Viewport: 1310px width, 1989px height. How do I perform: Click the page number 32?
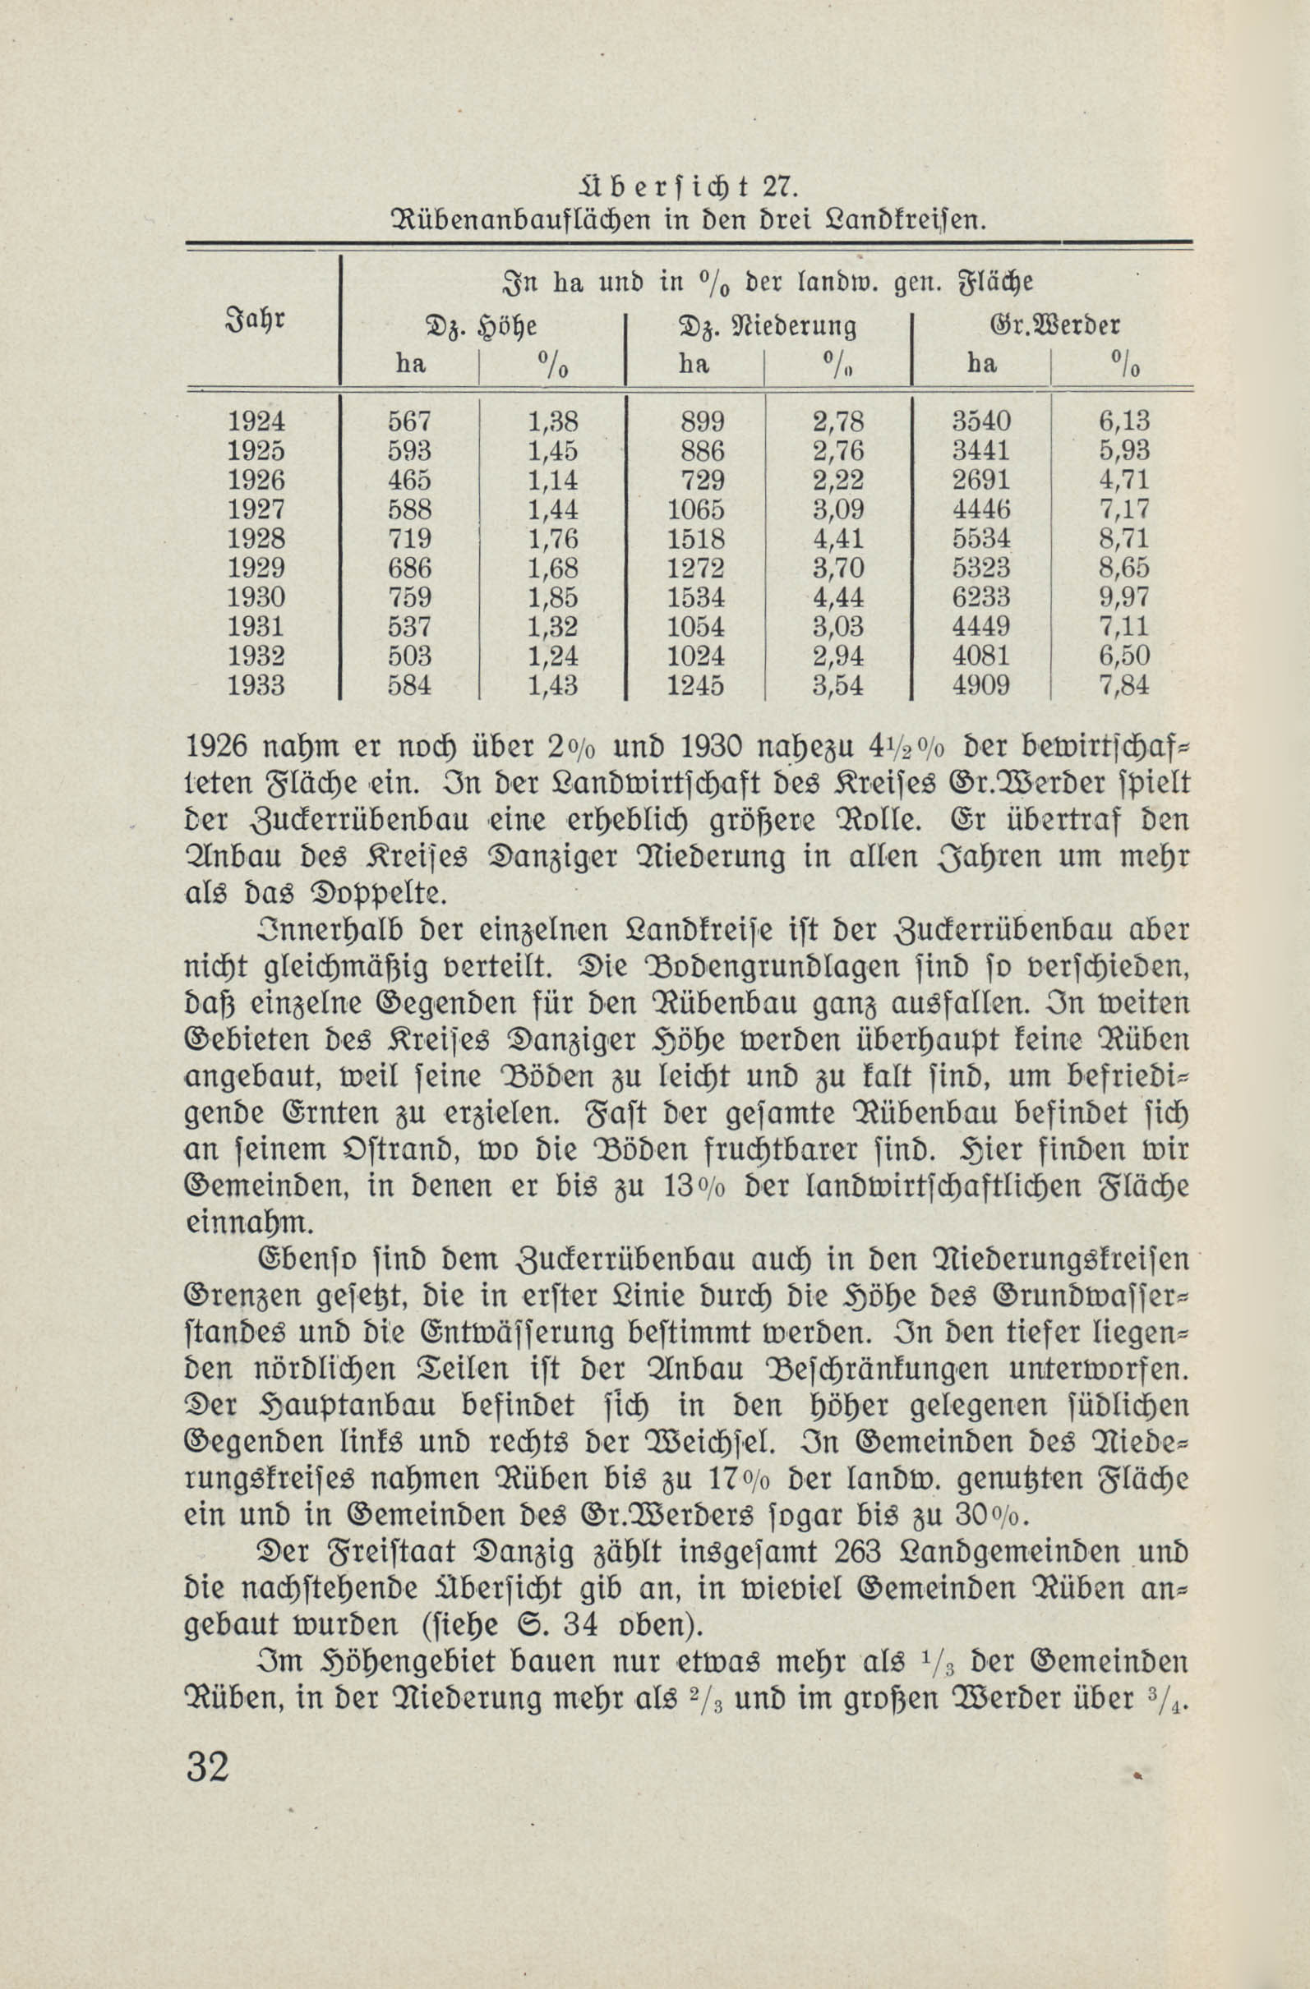pos(208,1767)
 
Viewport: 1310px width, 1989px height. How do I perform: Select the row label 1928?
pos(256,538)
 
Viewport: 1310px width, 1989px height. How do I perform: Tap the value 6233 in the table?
pos(981,596)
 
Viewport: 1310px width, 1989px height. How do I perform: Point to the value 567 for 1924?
pos(408,421)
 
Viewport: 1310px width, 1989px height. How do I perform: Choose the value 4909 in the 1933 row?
pos(981,685)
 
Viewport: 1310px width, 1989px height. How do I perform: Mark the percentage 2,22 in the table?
pos(838,480)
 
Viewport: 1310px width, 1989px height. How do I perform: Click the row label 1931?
pos(256,627)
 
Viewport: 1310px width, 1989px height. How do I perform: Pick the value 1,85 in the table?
pos(552,596)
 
